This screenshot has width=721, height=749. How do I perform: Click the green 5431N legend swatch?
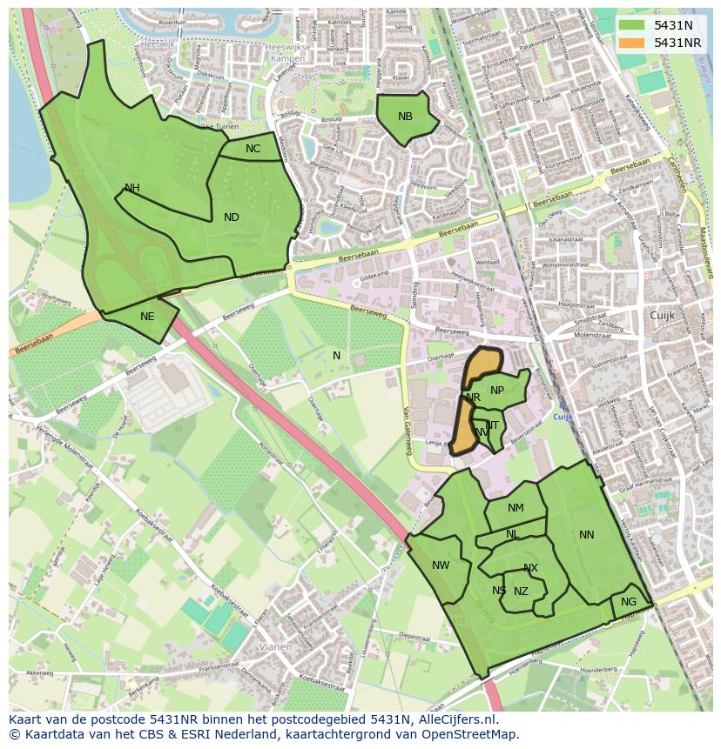point(633,25)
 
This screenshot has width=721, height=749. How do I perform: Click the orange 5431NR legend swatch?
point(633,43)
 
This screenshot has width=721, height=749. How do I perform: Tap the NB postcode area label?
point(405,117)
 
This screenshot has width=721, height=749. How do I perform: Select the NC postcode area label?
point(253,149)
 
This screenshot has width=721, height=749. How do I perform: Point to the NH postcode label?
point(131,188)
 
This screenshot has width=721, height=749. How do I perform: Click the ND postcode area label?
point(231,217)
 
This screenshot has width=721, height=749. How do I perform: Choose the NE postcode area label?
point(147,317)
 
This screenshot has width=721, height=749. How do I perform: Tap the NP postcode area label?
point(497,391)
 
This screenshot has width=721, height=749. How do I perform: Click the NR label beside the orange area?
point(473,398)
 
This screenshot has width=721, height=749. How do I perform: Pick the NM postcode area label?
point(515,508)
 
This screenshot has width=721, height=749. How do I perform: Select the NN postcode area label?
point(586,535)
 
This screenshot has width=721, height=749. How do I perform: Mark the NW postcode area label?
point(441,565)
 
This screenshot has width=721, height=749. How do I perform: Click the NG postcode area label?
point(629,602)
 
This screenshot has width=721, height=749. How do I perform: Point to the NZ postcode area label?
point(521,592)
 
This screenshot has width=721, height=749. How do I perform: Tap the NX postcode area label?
point(530,569)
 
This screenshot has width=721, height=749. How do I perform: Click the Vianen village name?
point(278,647)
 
